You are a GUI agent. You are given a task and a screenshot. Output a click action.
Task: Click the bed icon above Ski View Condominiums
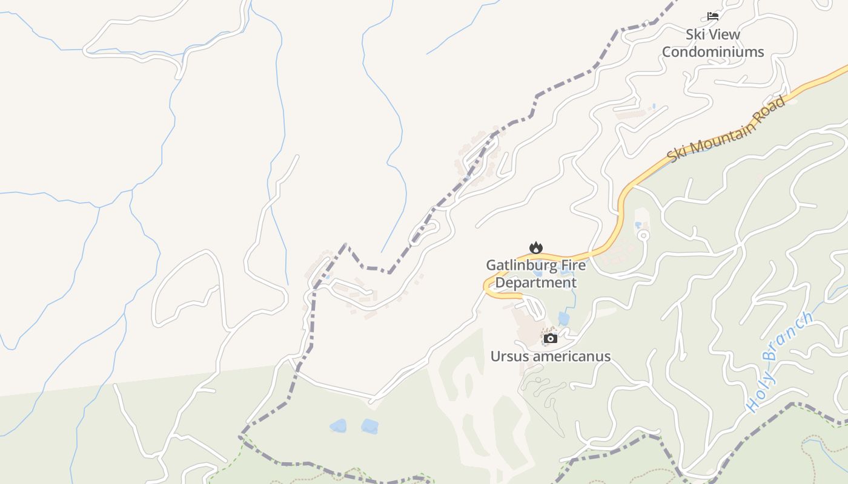[713, 16]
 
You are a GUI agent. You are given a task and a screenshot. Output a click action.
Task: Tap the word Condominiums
[713, 52]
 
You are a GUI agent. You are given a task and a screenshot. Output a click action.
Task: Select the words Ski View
[713, 34]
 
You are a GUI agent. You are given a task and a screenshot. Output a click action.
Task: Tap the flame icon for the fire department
[535, 247]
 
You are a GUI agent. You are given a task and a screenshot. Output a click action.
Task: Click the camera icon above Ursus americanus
[550, 338]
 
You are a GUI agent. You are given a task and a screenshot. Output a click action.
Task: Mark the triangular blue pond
[338, 426]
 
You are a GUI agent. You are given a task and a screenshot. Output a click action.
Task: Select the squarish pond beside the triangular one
[369, 427]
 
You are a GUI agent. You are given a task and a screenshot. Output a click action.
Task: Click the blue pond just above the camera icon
[564, 318]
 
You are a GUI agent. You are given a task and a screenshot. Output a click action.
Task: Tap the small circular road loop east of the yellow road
[643, 235]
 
